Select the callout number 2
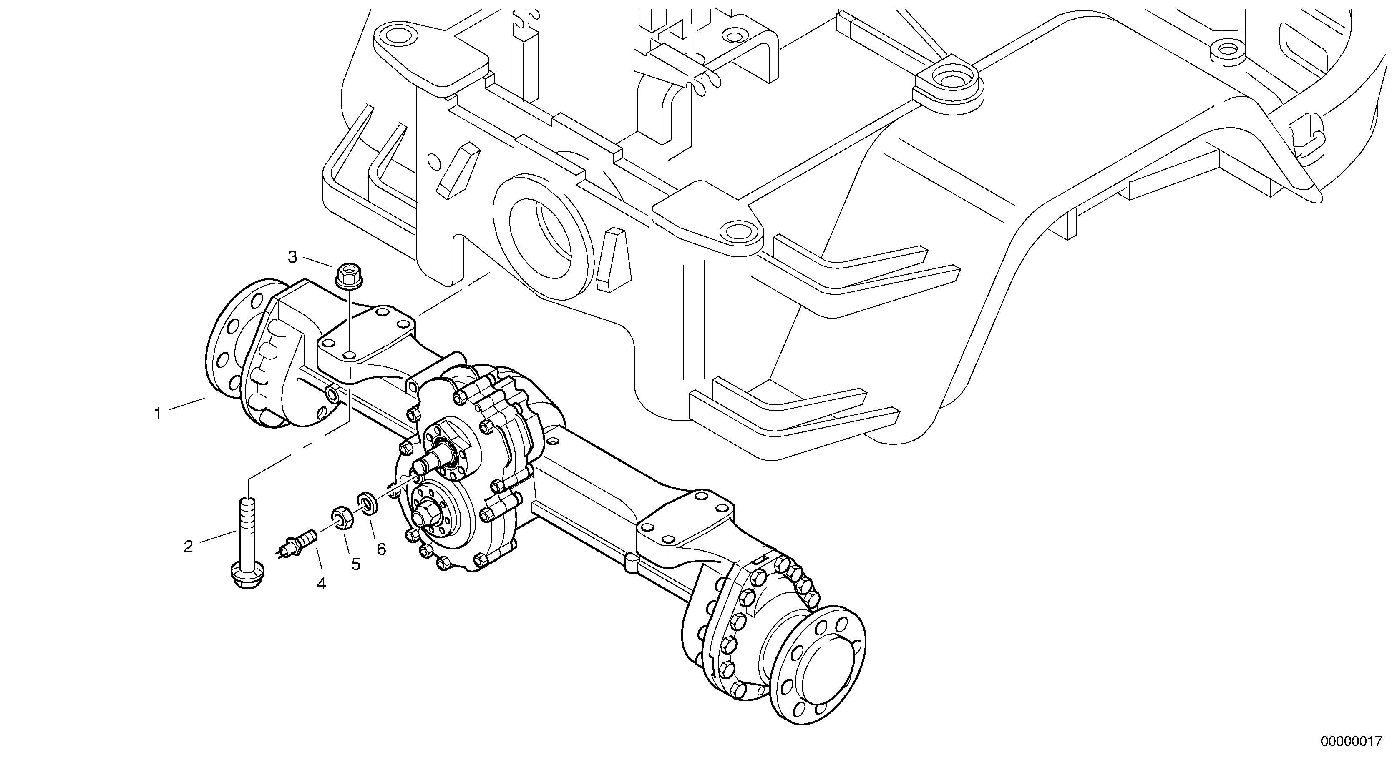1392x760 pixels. click(x=188, y=547)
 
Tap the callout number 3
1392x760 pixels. click(x=292, y=257)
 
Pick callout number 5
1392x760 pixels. click(x=355, y=564)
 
